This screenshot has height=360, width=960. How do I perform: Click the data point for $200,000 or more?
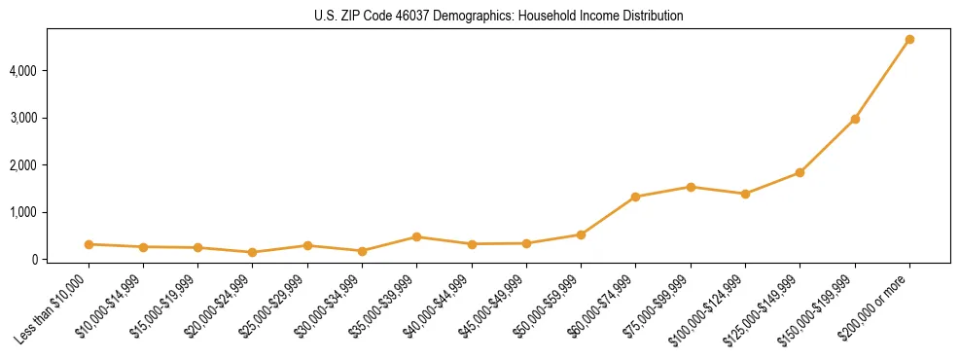click(909, 40)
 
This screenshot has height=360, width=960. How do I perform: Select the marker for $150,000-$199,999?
click(855, 119)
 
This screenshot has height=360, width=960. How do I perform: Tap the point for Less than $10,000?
click(89, 244)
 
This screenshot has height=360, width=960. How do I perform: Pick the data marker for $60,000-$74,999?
click(636, 197)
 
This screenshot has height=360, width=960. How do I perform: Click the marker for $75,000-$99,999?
click(691, 187)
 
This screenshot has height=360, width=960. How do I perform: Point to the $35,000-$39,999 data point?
click(416, 236)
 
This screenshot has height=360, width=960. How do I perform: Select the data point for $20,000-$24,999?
click(253, 252)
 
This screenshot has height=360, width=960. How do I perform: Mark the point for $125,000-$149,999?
click(800, 172)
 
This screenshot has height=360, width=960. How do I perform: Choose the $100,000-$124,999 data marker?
click(745, 194)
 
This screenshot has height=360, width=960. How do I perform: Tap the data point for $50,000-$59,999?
click(581, 234)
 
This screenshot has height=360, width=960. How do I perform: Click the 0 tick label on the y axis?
click(35, 259)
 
